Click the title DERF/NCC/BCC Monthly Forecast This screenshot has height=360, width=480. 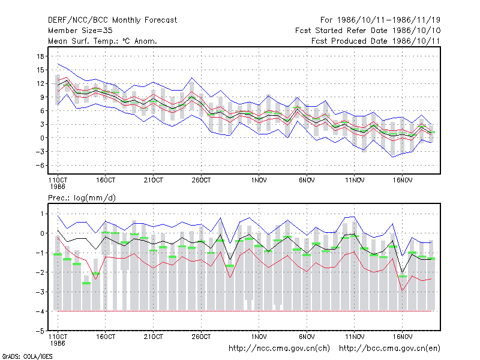tap(112, 20)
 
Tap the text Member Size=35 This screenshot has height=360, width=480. tap(80, 31)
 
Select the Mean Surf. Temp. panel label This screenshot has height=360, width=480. tap(103, 41)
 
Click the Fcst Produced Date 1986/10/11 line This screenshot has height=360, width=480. tap(376, 41)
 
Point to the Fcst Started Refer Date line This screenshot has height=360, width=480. tap(368, 31)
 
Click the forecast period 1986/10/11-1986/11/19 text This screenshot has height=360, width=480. tap(380, 20)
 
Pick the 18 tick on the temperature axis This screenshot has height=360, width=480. tap(40, 56)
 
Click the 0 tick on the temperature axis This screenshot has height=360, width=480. tap(42, 138)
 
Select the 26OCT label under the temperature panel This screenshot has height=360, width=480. tap(201, 181)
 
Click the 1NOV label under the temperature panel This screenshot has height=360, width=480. tap(259, 181)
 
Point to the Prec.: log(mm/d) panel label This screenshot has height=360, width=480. tap(82, 198)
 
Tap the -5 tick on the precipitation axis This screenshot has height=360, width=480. tap(40, 331)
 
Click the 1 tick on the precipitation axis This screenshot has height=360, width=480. tap(42, 214)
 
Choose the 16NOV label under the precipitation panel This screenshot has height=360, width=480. tap(402, 337)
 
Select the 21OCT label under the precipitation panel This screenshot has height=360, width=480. tap(154, 337)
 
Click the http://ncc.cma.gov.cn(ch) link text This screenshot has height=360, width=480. tap(279, 349)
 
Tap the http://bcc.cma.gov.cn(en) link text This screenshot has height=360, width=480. tap(389, 349)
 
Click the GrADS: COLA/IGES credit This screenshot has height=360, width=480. tap(27, 356)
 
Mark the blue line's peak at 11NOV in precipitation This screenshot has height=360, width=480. tap(354, 217)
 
